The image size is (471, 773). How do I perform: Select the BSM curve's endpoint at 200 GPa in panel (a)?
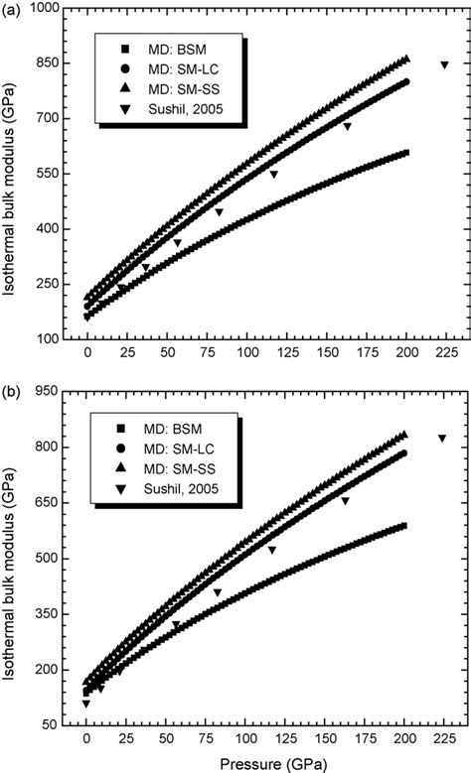405,153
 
